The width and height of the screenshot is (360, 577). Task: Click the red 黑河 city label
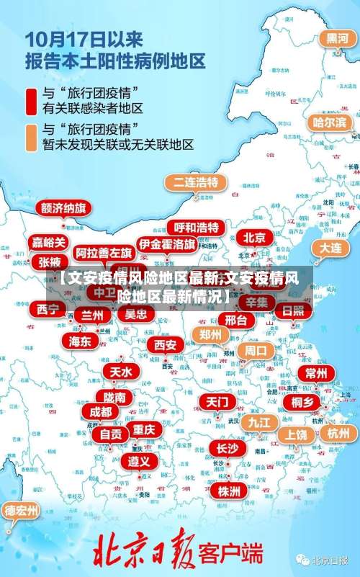pyautogui.click(x=337, y=37)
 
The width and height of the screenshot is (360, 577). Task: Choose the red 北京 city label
pyautogui.click(x=253, y=237)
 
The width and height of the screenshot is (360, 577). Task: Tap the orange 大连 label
pyautogui.click(x=330, y=247)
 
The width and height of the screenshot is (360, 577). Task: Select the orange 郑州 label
pyautogui.click(x=211, y=334)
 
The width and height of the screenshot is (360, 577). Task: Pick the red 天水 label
pyautogui.click(x=120, y=371)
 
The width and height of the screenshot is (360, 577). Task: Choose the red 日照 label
pyautogui.click(x=293, y=310)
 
